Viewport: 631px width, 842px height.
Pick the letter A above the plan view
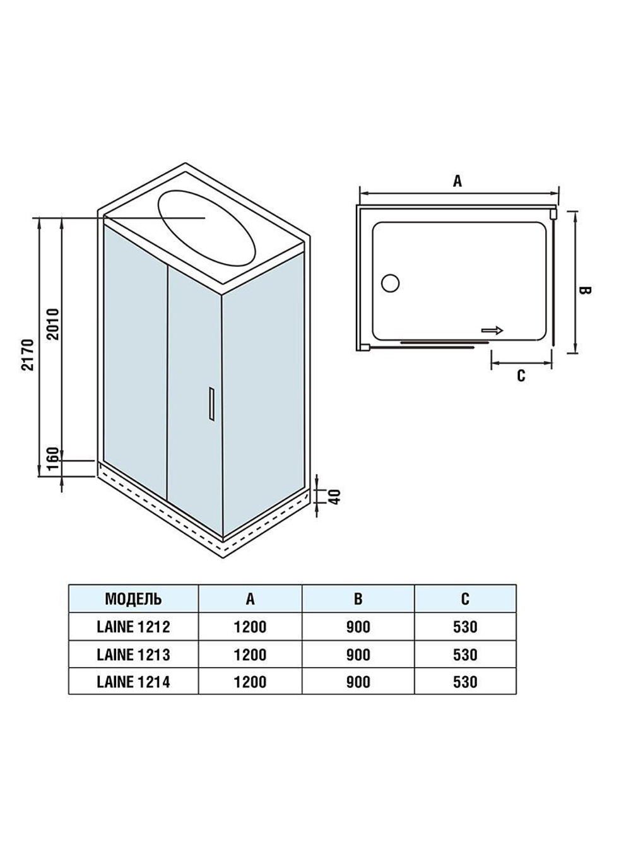click(x=457, y=181)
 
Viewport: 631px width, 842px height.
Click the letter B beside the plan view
click(x=584, y=290)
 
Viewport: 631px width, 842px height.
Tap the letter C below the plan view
click(x=521, y=376)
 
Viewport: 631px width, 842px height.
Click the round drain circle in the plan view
click(x=391, y=283)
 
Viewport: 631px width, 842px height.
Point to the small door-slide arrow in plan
click(x=492, y=329)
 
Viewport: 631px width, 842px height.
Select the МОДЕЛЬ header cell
click(x=133, y=598)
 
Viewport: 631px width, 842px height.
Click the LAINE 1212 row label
click(x=133, y=627)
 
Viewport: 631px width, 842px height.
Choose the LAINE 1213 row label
click(x=133, y=655)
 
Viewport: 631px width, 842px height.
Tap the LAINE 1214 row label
click(x=133, y=682)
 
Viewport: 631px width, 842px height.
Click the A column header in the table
click(x=251, y=598)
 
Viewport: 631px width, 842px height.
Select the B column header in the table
click(x=358, y=598)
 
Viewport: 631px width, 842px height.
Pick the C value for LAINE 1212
click(x=465, y=627)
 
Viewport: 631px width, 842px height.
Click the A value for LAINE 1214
click(x=251, y=682)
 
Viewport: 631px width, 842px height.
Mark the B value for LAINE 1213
click(x=358, y=655)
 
